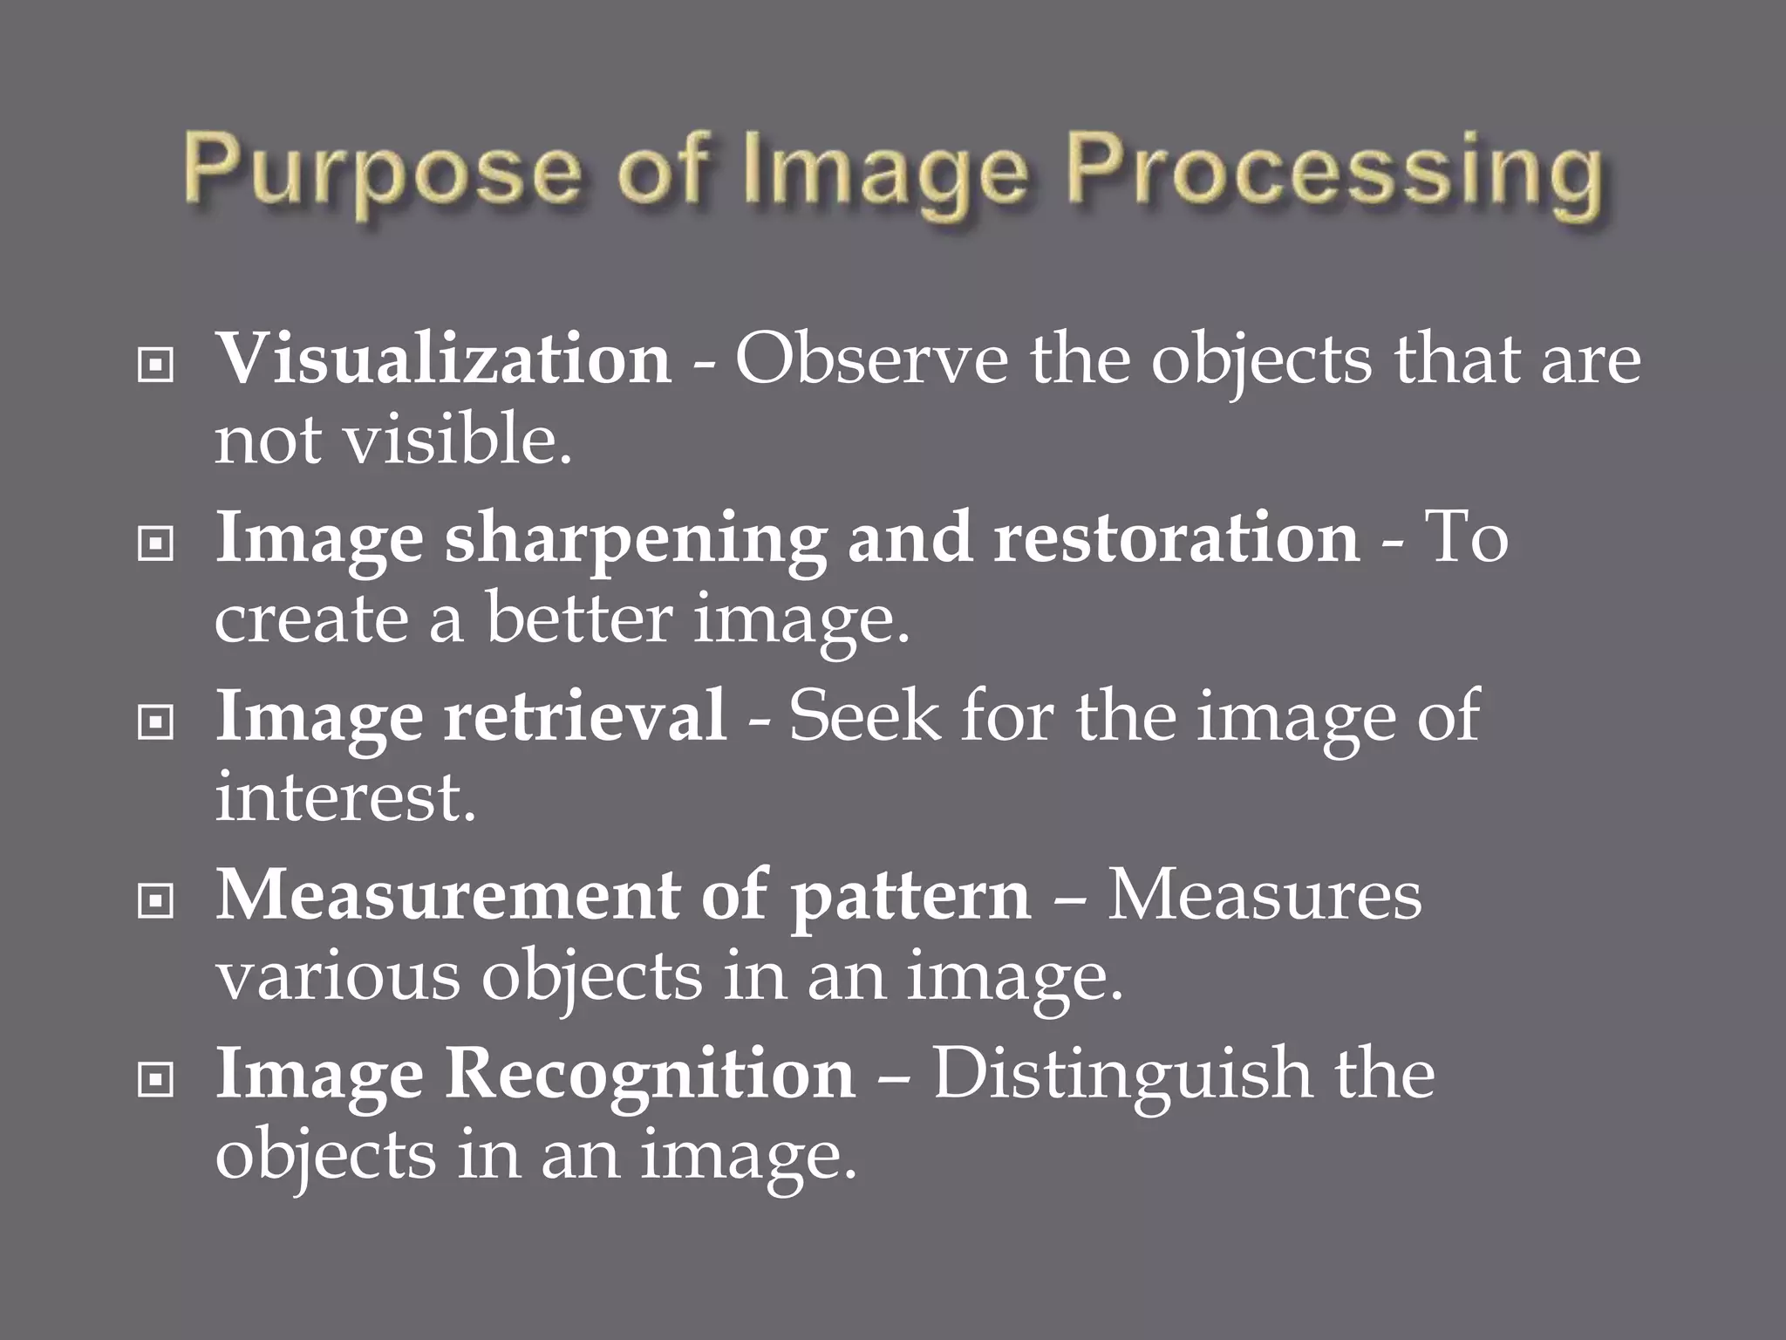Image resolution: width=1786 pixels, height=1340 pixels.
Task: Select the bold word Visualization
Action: pyautogui.click(x=443, y=359)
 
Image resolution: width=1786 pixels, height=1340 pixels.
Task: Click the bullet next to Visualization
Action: pyautogui.click(x=155, y=367)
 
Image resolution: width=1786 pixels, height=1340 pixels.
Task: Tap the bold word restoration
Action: pyautogui.click(x=1176, y=538)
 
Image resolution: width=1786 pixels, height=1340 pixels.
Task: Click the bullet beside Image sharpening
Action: pyautogui.click(x=155, y=546)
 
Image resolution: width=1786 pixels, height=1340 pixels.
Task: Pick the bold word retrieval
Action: pyautogui.click(x=585, y=716)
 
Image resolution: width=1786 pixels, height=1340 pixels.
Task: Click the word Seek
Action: pyautogui.click(x=865, y=716)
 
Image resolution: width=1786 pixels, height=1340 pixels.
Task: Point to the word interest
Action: pyautogui.click(x=345, y=796)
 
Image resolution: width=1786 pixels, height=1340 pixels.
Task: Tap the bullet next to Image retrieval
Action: pyautogui.click(x=155, y=724)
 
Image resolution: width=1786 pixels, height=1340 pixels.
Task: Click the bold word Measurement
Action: pyautogui.click(x=446, y=896)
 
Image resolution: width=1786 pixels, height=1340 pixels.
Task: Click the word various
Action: pyautogui.click(x=337, y=976)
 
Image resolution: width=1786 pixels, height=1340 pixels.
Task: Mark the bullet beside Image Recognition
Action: pyautogui.click(x=155, y=1083)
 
